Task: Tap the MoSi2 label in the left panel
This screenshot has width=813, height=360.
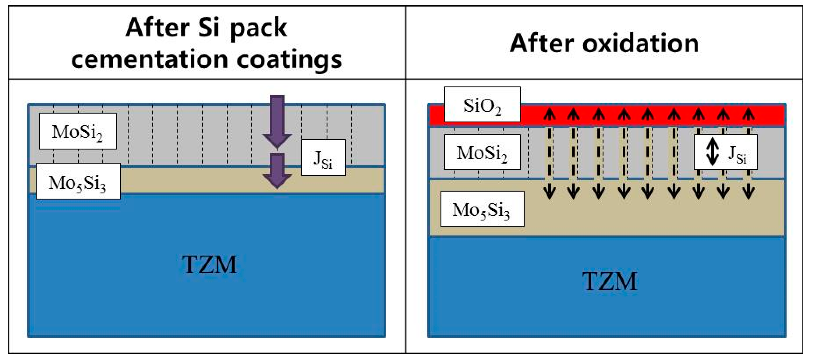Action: (78, 131)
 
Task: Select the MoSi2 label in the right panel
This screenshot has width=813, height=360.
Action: (482, 152)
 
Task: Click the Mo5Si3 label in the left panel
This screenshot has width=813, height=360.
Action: (78, 181)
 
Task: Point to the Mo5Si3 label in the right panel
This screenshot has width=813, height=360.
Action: (482, 209)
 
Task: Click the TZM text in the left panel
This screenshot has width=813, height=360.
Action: (209, 264)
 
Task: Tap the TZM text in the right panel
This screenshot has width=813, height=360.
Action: (609, 281)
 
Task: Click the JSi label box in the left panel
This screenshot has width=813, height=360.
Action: (323, 158)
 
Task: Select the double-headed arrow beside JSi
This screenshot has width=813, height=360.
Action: (712, 152)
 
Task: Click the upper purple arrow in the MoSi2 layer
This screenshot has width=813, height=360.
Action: (277, 122)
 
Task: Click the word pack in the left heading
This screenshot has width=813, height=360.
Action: (258, 28)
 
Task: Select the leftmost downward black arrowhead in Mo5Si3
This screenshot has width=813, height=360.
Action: (549, 192)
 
